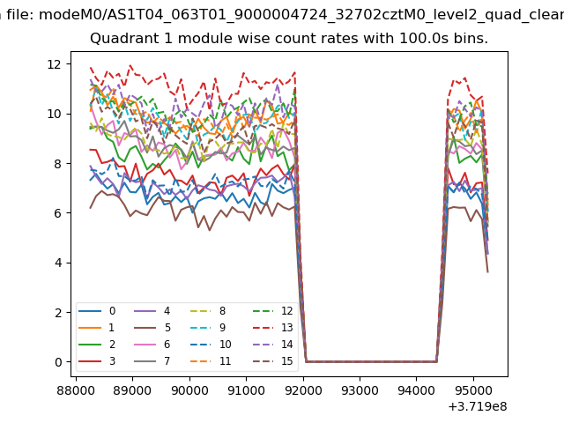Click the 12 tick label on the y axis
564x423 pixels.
point(54,64)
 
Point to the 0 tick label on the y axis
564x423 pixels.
point(57,362)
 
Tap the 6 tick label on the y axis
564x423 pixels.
point(57,213)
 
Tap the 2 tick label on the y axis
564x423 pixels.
point(57,313)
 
